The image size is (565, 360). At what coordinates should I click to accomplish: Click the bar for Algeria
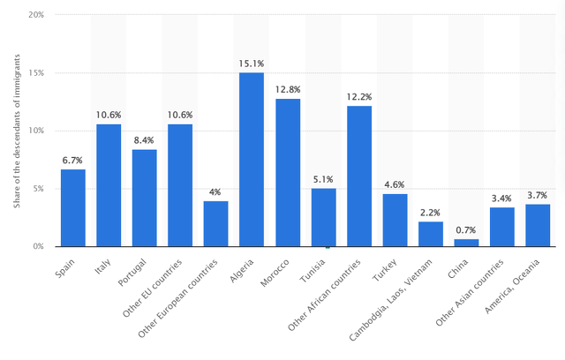point(252,160)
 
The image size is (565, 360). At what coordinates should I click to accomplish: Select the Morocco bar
point(288,173)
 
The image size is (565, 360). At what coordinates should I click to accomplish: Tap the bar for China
point(466,243)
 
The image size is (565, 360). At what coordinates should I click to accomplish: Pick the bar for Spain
point(73,208)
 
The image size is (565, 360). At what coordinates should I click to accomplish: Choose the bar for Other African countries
point(359,176)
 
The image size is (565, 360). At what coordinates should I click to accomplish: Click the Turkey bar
point(395,221)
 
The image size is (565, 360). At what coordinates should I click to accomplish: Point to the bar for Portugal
point(145,199)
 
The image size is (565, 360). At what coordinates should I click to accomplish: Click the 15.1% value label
point(252,63)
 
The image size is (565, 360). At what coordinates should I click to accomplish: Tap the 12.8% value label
point(288,89)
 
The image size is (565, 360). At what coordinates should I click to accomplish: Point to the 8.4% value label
point(145,139)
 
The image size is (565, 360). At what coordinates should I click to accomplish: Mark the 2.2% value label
point(431,212)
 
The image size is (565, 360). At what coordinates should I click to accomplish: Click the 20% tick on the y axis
point(37,15)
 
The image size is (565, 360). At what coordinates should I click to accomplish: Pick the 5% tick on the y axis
point(40,189)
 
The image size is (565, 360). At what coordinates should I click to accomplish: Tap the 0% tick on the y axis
point(40,246)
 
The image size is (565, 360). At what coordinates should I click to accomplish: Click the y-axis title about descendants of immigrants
point(17,131)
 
